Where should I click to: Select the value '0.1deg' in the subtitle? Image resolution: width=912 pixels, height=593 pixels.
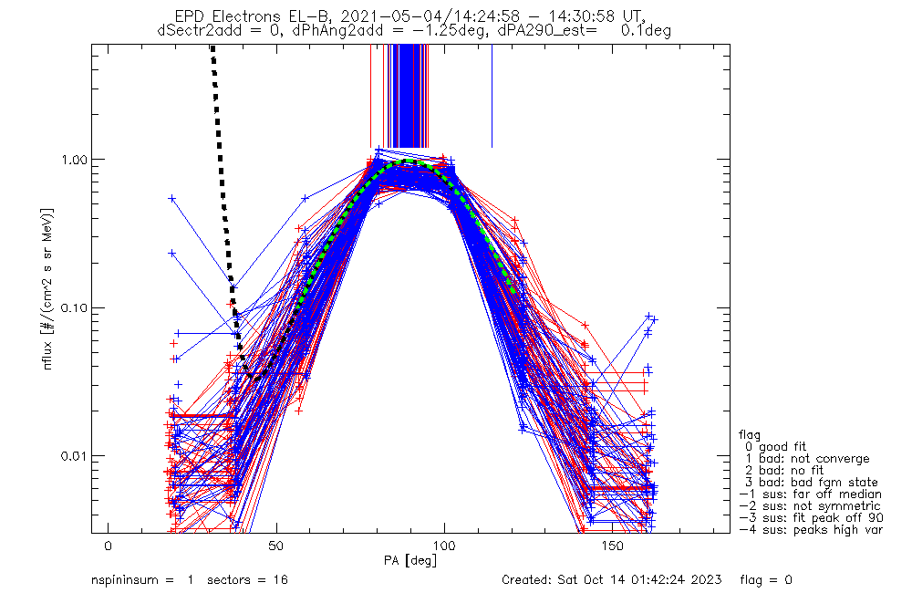[646, 30]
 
